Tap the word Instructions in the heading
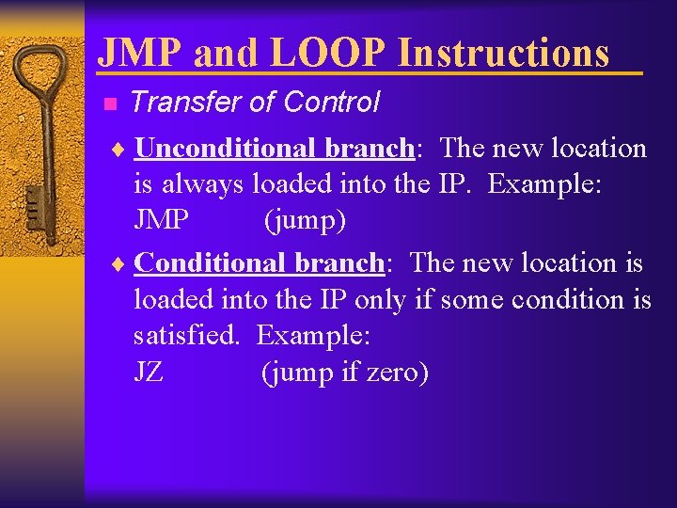pyautogui.click(x=503, y=53)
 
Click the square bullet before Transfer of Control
pyautogui.click(x=109, y=103)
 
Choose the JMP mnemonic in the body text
pyautogui.click(x=161, y=222)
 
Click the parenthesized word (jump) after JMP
pyautogui.click(x=305, y=222)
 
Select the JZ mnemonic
pyautogui.click(x=149, y=373)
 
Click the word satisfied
pyautogui.click(x=186, y=336)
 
